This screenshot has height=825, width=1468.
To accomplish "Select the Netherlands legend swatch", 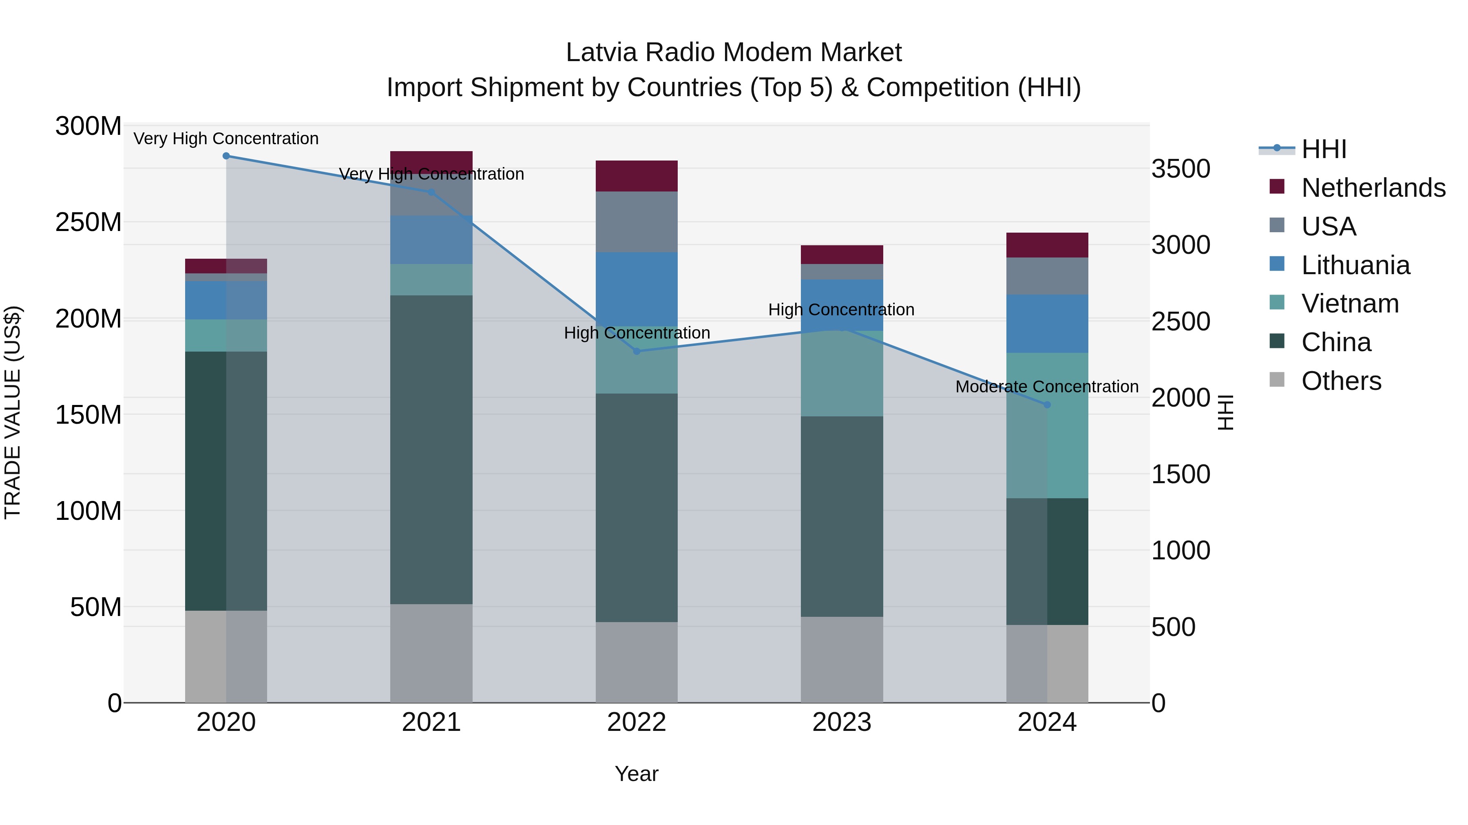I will coord(1277,187).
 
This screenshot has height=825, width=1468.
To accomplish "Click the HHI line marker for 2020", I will coord(226,156).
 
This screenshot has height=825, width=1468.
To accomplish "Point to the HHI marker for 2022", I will coord(637,351).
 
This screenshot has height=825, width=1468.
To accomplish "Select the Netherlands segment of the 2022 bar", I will coord(637,176).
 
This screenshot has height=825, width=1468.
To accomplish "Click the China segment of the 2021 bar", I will coord(431,449).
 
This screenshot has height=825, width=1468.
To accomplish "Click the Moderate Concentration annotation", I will coord(1047,387).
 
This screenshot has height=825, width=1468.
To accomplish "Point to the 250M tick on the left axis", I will coord(88,222).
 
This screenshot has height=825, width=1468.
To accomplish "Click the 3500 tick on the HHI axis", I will coord(1181,169).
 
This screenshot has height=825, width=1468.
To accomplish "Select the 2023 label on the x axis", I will coord(842,722).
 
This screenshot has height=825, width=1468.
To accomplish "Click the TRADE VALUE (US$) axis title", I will coord(13,412).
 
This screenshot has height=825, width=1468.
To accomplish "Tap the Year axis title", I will coord(637,774).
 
